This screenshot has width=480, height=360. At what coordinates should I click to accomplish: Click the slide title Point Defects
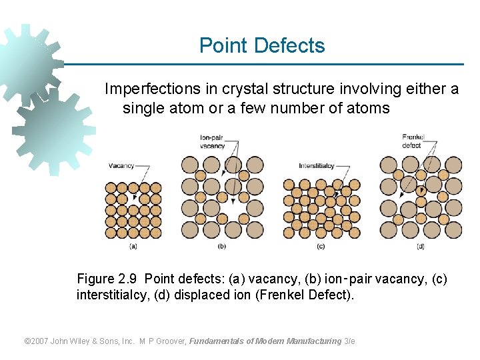click(x=262, y=45)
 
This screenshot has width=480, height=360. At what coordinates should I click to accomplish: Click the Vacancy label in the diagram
click(x=121, y=165)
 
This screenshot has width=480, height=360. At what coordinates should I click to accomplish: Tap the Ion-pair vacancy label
click(x=213, y=141)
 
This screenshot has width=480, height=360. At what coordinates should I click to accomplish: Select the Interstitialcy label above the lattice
click(x=316, y=165)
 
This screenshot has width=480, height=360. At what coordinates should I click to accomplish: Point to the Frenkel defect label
click(x=413, y=141)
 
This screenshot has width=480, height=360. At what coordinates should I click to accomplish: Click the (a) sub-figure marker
click(x=133, y=246)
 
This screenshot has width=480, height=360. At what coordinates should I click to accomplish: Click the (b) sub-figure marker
click(x=222, y=246)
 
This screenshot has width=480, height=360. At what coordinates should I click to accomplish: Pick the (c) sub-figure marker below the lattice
click(x=321, y=246)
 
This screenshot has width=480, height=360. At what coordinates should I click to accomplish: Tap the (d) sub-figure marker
click(x=420, y=246)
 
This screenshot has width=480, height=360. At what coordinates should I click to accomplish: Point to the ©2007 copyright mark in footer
click(x=38, y=341)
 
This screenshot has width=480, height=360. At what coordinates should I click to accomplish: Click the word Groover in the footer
click(x=167, y=341)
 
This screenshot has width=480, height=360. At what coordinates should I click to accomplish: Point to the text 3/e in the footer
click(x=349, y=341)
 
